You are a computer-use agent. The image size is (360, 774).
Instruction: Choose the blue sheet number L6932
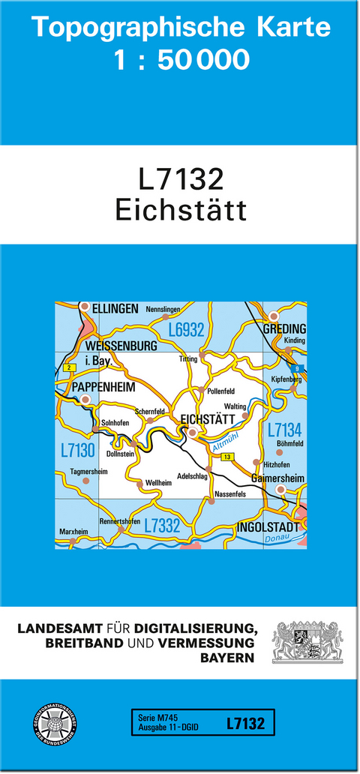(x=186, y=329)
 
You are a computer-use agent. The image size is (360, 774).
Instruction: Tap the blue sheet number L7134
(x=284, y=430)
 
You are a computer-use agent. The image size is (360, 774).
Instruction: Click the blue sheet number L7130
(x=78, y=450)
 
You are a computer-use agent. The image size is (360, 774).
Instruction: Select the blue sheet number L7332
(x=162, y=526)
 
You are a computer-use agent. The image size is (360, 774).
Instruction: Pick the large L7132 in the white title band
(x=181, y=180)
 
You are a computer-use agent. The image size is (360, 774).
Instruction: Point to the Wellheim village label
(x=158, y=483)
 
